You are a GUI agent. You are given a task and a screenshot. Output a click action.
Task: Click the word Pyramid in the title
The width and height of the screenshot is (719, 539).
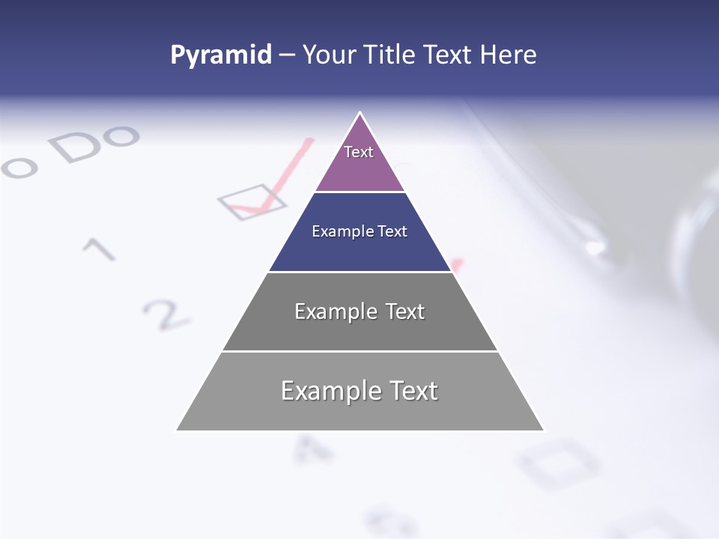point(220,55)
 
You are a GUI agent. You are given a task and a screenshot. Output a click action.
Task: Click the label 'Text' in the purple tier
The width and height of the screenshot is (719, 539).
point(359,152)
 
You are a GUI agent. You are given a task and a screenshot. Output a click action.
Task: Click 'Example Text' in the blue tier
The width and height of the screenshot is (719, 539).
point(359,231)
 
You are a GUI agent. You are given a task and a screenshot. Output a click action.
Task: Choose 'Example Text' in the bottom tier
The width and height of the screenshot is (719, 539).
point(359,391)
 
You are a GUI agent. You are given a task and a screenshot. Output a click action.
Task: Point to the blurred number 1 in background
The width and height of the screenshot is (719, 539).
point(99,249)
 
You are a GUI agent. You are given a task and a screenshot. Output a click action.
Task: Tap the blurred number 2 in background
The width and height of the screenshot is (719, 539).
point(166,314)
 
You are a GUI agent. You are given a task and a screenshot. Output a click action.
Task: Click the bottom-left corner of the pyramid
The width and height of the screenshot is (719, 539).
point(178,430)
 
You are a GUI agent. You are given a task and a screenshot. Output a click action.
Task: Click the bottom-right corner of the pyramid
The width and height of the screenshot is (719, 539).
point(543,430)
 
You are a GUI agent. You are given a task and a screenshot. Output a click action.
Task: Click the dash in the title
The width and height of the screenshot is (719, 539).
point(287,55)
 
